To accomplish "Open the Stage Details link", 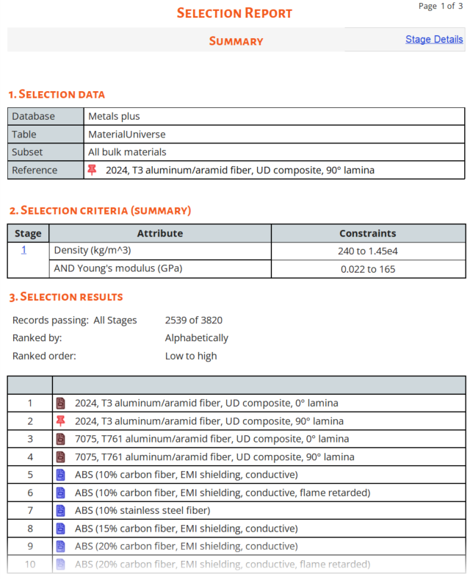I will [x=434, y=39].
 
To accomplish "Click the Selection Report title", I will [x=235, y=13].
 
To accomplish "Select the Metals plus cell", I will [x=114, y=116].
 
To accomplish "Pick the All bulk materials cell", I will [x=127, y=152].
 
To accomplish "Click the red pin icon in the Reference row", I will [x=92, y=170].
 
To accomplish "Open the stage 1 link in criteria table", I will [x=23, y=250].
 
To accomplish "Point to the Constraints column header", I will [x=367, y=233].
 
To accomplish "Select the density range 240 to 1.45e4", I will [x=367, y=251].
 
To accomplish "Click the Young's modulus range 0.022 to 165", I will [x=367, y=269].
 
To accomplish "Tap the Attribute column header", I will [x=160, y=233].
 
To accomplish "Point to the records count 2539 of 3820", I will [x=194, y=320].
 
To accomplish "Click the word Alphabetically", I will [x=196, y=338].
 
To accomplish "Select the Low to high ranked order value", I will [x=191, y=356].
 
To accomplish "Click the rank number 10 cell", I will [x=30, y=564].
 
